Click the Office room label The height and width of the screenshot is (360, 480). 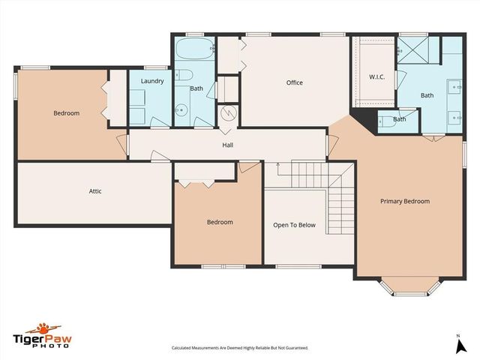(295, 82)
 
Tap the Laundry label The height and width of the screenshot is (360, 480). (152, 80)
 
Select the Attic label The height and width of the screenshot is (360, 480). (95, 191)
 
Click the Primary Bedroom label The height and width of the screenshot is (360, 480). (405, 201)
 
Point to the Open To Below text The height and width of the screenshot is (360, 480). (294, 224)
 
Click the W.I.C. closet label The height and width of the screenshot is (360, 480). (376, 77)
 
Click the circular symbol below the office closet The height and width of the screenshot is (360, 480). (229, 113)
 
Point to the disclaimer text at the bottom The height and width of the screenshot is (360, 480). (240, 348)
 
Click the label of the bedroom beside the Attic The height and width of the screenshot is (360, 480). (66, 113)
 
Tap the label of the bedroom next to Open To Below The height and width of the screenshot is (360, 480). (220, 222)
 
